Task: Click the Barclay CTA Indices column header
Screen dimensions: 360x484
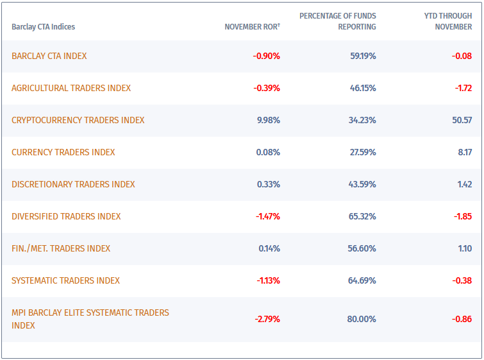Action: [43, 27]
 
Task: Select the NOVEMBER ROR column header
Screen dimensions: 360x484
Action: [252, 27]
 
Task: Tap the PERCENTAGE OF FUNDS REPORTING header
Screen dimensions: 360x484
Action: [338, 21]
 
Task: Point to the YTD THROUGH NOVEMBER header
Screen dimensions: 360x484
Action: [448, 21]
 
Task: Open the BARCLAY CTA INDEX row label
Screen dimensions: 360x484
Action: [49, 56]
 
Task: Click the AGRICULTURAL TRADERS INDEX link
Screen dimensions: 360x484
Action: [71, 88]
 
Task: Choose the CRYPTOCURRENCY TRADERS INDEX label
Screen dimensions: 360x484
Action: [78, 120]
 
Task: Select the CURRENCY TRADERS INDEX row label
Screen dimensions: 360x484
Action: [63, 152]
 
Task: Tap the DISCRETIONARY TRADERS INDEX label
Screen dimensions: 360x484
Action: [73, 184]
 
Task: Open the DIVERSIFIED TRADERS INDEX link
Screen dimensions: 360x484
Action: [66, 216]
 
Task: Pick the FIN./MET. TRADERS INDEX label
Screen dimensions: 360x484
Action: [61, 248]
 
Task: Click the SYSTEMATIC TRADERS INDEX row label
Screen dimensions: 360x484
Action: [65, 280]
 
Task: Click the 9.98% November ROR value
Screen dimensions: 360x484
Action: [268, 120]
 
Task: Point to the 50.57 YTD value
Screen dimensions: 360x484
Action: [462, 120]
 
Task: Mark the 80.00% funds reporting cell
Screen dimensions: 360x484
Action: [362, 319]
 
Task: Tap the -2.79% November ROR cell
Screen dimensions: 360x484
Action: [267, 319]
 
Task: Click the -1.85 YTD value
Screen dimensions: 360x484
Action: [463, 216]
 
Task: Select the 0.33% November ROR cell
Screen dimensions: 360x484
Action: [269, 184]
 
